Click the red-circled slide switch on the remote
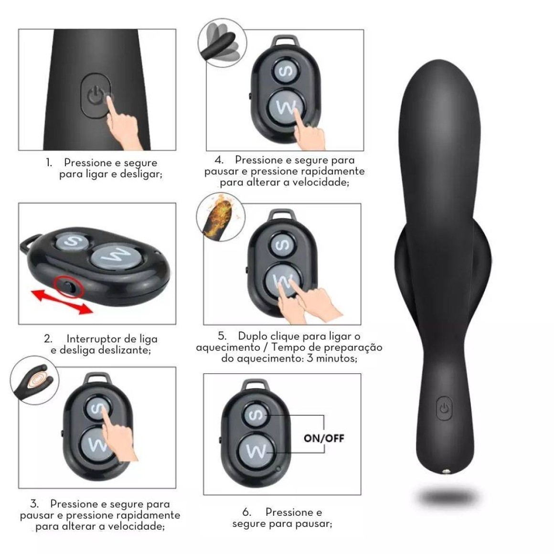[x=69, y=286]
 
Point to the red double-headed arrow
[x=62, y=301]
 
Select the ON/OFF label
[x=324, y=438]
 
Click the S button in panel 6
[x=255, y=415]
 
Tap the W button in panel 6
[x=256, y=451]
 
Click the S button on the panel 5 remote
[x=282, y=244]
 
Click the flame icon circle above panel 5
[x=221, y=216]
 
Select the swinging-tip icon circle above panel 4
[x=222, y=43]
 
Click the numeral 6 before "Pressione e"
[x=246, y=512]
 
